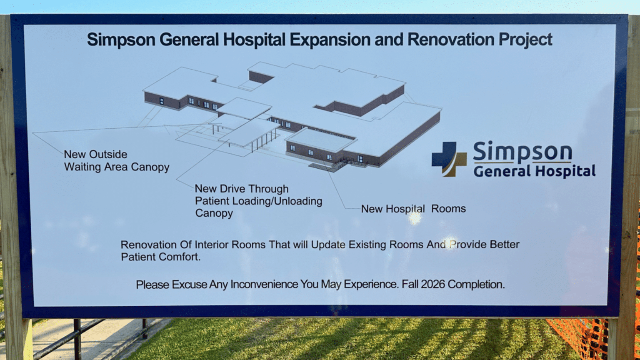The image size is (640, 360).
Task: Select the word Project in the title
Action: pyautogui.click(x=525, y=40)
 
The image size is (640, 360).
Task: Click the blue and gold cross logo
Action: pyautogui.click(x=449, y=159)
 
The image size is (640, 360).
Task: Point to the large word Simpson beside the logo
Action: pyautogui.click(x=522, y=151)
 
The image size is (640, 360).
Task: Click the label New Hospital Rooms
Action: pyautogui.click(x=413, y=209)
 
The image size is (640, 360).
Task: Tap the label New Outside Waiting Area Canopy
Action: pyautogui.click(x=117, y=160)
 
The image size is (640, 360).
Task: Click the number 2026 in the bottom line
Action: pyautogui.click(x=433, y=284)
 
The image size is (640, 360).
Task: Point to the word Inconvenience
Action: pyautogui.click(x=264, y=285)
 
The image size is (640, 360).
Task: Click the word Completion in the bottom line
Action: pyautogui.click(x=476, y=284)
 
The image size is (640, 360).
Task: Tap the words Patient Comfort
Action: pyautogui.click(x=160, y=257)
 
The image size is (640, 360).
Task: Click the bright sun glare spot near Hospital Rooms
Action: pyautogui.click(x=415, y=218)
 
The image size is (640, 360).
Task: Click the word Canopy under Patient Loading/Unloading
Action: pyautogui.click(x=214, y=213)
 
